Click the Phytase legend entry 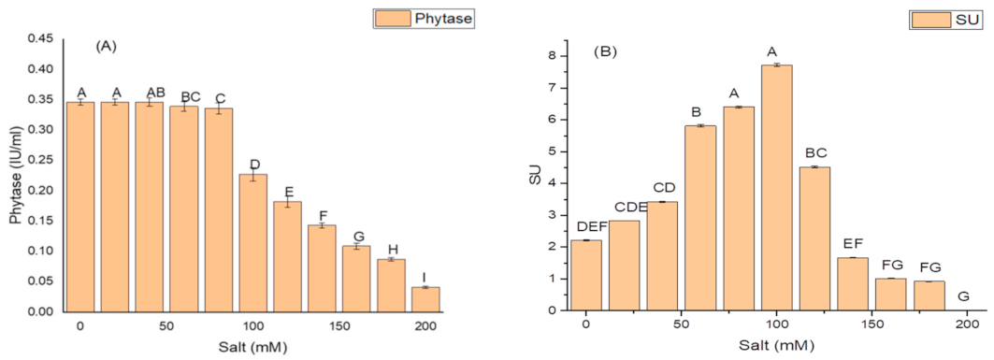[406, 16]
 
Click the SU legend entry [942, 18]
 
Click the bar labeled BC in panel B [814, 238]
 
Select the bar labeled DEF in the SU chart [585, 275]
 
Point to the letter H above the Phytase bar [392, 249]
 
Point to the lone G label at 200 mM [964, 297]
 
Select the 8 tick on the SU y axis [552, 56]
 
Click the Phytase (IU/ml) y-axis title [13, 175]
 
